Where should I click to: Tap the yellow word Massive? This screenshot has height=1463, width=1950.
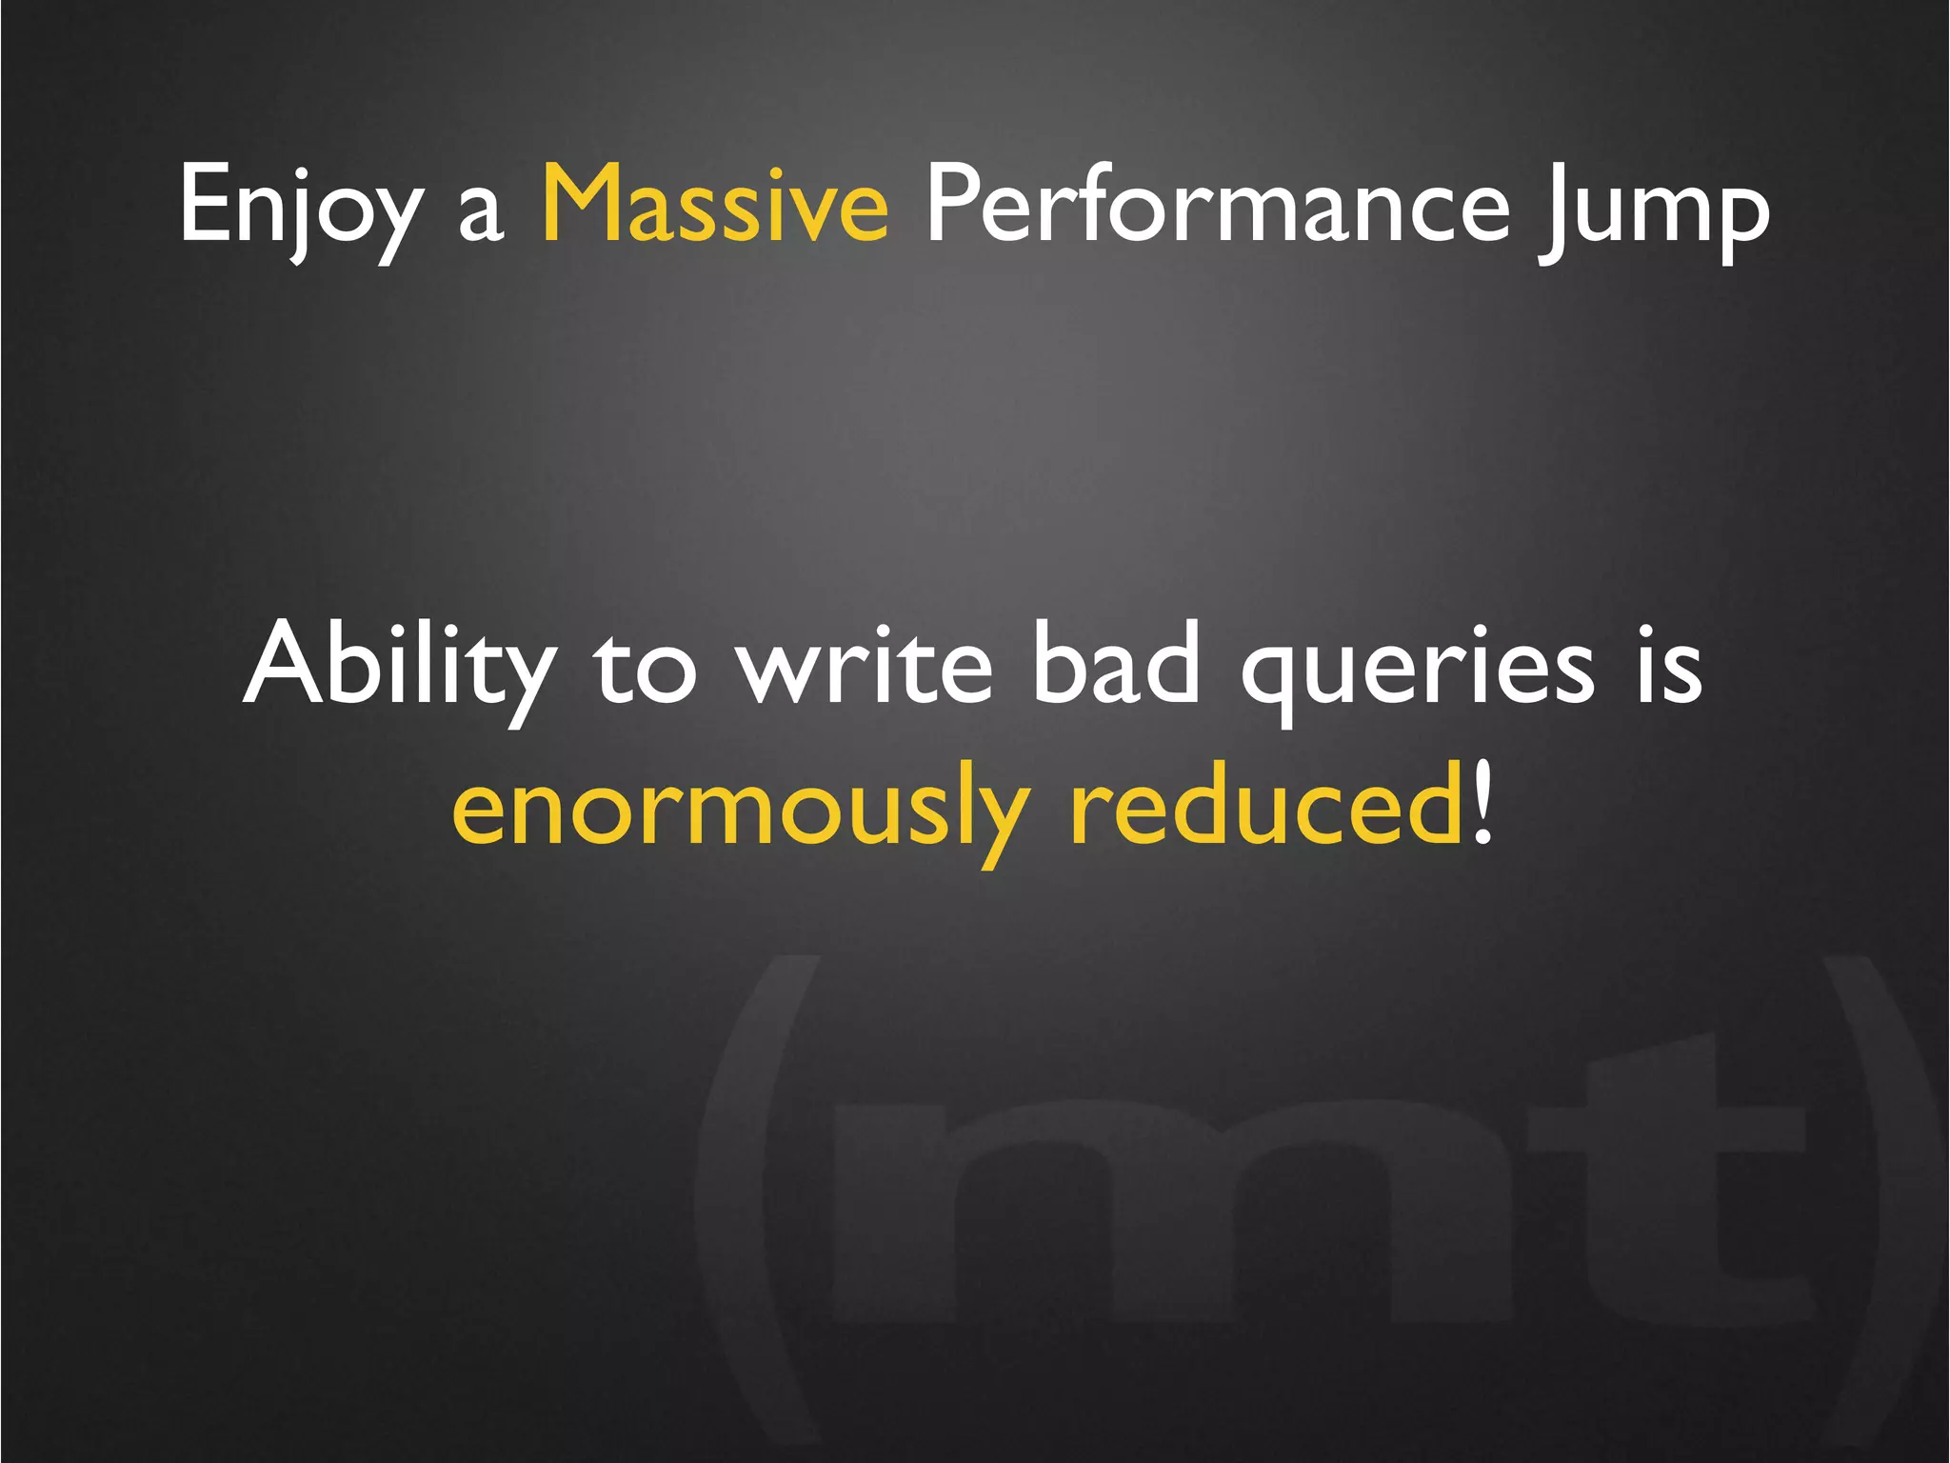[x=715, y=204]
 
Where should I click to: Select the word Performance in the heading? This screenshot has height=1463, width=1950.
[x=1218, y=204]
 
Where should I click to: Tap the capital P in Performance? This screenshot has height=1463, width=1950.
[x=955, y=202]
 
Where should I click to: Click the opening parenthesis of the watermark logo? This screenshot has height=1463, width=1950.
[x=752, y=1191]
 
